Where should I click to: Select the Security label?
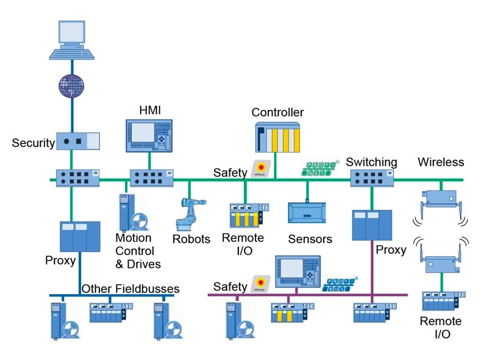[x=33, y=143]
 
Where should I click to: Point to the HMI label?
[x=150, y=109]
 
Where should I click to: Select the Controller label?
[x=277, y=112]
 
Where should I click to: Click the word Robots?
[x=191, y=239]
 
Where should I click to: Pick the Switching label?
[x=371, y=162]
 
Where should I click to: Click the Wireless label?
[x=441, y=162]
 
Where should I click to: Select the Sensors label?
[x=310, y=239]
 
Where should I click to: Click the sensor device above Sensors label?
[x=308, y=214]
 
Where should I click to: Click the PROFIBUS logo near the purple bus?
[x=339, y=282]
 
